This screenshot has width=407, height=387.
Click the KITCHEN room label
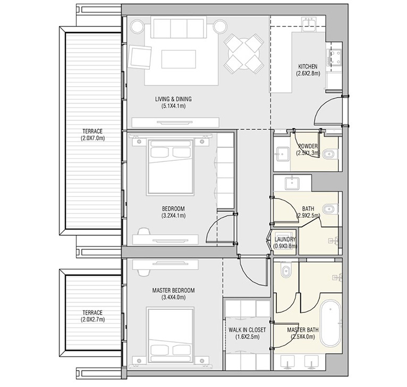coord(308,67)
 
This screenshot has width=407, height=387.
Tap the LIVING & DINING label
coord(173,99)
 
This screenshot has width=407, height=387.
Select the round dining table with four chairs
coord(244,54)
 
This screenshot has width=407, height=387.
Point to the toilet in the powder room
coord(330,154)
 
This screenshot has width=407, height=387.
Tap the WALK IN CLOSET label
coord(247,330)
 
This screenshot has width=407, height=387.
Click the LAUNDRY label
coord(285,239)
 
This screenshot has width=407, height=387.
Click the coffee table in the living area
coord(179,59)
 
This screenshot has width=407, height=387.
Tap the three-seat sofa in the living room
coord(179,27)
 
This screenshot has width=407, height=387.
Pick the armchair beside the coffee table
coord(140,57)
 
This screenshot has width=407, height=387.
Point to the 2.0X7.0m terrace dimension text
coord(92,138)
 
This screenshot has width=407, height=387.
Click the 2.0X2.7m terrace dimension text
coord(92,319)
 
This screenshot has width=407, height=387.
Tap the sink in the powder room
coord(283,154)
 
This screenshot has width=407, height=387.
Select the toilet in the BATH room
coord(330,209)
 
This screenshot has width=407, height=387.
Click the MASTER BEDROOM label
coord(173,290)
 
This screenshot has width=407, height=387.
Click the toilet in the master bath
coord(285,271)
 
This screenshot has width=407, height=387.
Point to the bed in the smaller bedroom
coord(170,167)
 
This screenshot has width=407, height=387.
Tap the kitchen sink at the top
coord(309,23)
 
